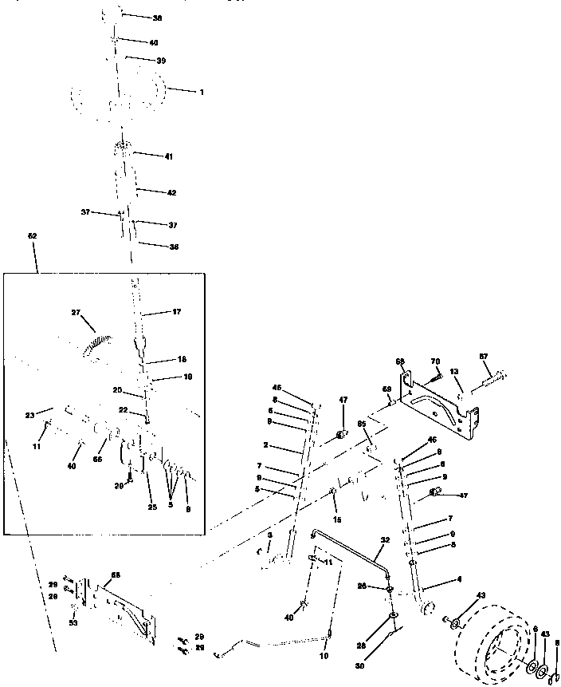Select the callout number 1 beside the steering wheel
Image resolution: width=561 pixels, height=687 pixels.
point(202,93)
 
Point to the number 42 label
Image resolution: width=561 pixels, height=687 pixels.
point(171,192)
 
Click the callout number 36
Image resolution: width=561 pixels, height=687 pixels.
point(174,247)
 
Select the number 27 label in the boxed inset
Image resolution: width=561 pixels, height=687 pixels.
point(76,313)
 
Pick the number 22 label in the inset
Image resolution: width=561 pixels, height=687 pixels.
point(123,409)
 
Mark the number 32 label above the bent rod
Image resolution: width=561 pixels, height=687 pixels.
point(385,540)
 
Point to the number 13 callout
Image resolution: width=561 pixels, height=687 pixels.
point(455,372)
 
